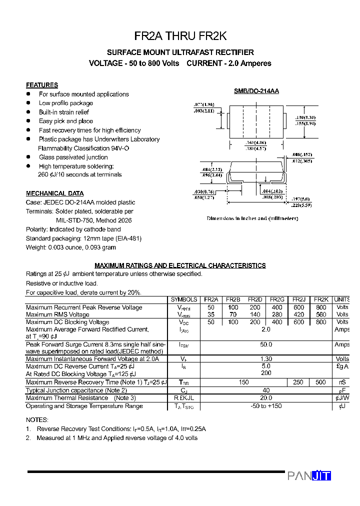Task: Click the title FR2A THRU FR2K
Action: point(180,36)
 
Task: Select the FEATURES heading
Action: point(42,85)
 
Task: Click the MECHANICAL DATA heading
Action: point(55,193)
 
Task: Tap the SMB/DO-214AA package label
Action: point(256,91)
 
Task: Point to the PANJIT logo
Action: point(309,476)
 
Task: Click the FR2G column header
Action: point(277,299)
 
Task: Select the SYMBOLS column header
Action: point(184,299)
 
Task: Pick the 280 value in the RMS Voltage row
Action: point(277,314)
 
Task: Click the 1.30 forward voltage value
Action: point(266,359)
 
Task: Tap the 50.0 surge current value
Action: point(266,344)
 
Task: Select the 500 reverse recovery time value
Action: point(321,382)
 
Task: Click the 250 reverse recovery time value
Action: point(298,382)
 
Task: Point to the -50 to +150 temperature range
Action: point(266,406)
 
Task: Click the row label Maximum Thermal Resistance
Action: point(67,398)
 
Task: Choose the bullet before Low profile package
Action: point(28,103)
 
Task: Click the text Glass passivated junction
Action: point(73,157)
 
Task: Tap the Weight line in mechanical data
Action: point(71,247)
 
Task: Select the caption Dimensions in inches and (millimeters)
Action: point(252,218)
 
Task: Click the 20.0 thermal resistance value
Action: point(266,398)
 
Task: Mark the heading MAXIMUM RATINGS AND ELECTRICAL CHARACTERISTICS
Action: point(180,265)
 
